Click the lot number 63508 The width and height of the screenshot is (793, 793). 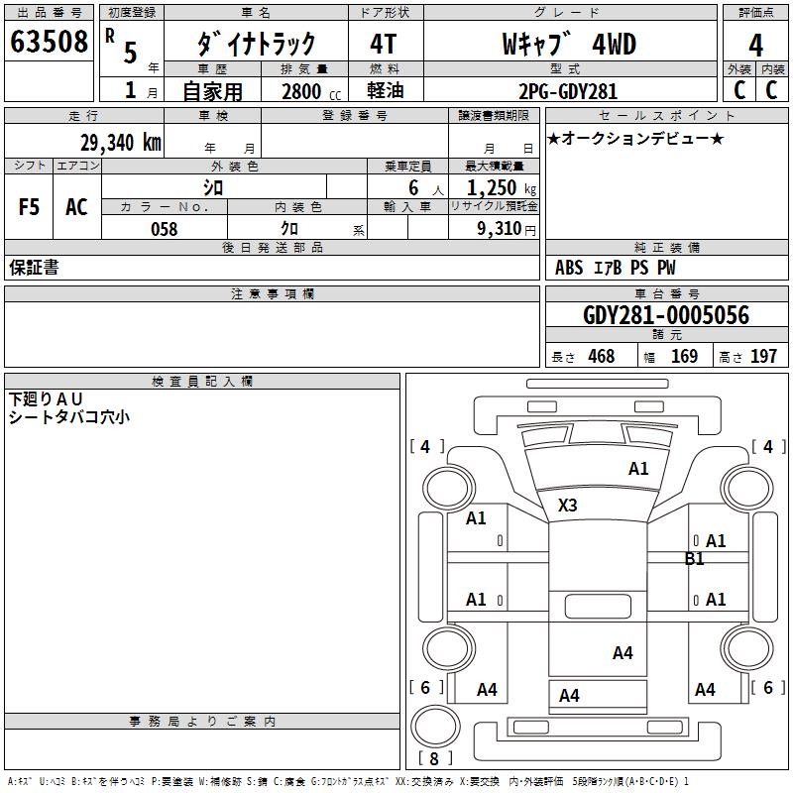(x=50, y=44)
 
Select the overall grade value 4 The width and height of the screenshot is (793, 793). (x=755, y=46)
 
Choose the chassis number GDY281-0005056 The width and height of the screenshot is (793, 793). (x=665, y=316)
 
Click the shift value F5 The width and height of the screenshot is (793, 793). (x=30, y=207)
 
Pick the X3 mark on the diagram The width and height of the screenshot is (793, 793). (x=567, y=506)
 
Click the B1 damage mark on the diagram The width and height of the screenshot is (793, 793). (x=694, y=559)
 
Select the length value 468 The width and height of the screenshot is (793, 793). (x=601, y=357)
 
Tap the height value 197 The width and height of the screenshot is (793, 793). (x=764, y=357)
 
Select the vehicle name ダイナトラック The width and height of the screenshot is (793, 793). (x=257, y=44)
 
